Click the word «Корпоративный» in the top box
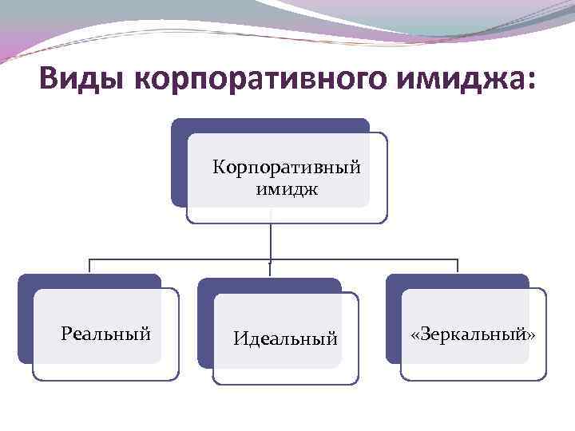coord(286,168)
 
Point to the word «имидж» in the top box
coord(286,189)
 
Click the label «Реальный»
coord(106,333)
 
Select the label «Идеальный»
coord(286,339)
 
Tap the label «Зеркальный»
coord(473,334)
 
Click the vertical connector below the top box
coord(271,239)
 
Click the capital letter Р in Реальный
coord(66,333)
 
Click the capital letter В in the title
coord(48,81)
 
